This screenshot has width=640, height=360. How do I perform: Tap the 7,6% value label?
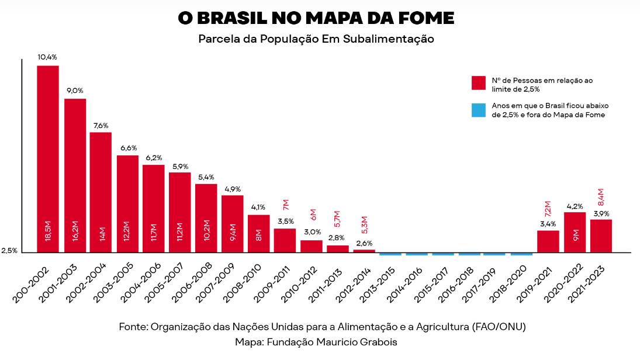pos(101,126)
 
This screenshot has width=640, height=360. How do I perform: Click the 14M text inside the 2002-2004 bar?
pos(101,233)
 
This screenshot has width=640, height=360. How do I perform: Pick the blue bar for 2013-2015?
pos(390,254)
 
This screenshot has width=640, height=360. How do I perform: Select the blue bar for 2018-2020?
pos(521,254)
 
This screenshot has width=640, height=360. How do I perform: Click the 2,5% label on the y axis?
pos(9,251)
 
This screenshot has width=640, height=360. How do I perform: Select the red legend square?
pos(479,82)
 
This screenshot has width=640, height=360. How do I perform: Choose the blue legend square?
pos(479,110)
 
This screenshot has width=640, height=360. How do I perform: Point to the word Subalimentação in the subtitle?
pos(393,40)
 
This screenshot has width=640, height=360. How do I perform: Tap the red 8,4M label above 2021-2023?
pos(600,198)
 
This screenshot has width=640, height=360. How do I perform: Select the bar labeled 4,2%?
pos(575,232)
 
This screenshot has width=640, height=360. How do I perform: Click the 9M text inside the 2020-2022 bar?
pos(575,236)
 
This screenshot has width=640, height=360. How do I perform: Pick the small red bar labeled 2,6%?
pos(364,251)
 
